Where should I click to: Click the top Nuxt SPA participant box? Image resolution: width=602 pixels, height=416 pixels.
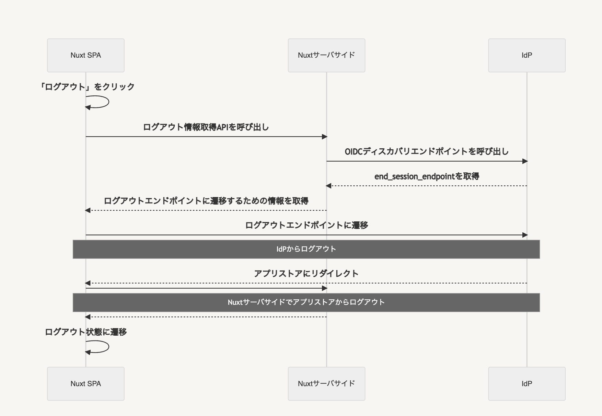(85, 55)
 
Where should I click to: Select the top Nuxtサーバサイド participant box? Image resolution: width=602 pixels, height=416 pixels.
(326, 55)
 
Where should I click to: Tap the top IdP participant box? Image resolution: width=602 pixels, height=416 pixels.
(526, 55)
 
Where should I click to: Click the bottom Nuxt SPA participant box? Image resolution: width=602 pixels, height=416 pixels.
(85, 384)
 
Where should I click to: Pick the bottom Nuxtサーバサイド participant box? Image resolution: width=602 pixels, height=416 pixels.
(326, 384)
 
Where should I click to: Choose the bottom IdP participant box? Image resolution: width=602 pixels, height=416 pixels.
(526, 384)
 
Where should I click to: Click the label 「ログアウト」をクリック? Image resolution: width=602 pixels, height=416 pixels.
(87, 87)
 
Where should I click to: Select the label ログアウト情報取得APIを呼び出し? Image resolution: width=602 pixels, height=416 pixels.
(206, 127)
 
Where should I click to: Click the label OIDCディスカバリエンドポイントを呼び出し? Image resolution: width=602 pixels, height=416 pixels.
(426, 151)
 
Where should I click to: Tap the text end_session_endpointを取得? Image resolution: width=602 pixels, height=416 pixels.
(426, 176)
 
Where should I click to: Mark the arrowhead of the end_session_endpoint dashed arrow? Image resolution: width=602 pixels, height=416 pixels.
(328, 186)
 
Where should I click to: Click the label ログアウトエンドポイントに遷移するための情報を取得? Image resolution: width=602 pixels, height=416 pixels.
(206, 201)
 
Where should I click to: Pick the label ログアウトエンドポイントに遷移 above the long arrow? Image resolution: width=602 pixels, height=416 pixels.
(306, 225)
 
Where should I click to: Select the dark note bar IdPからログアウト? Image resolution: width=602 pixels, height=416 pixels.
(306, 249)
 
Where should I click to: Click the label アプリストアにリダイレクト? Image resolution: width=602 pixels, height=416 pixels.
(306, 274)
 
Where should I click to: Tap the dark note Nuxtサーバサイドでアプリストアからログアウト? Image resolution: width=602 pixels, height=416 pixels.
(306, 302)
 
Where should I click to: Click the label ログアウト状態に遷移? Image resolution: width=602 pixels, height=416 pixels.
(86, 332)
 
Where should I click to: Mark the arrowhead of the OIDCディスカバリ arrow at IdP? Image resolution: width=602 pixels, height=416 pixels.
(525, 161)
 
